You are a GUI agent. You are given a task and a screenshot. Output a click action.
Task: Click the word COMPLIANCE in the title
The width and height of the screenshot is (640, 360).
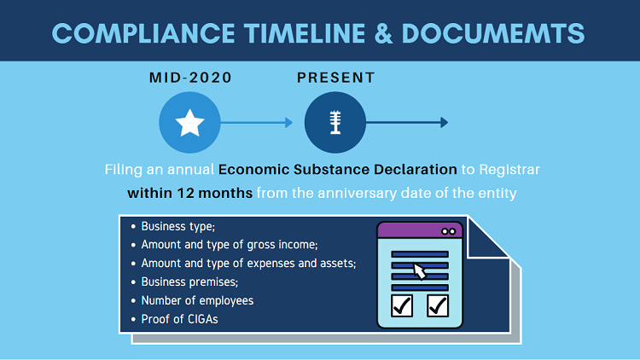[143, 33]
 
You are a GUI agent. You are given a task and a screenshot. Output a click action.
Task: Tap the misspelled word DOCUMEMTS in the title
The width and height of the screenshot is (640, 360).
[493, 33]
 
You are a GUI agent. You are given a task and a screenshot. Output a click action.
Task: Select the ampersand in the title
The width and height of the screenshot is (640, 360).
[383, 33]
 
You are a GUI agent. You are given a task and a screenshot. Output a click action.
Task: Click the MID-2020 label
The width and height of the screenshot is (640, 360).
[190, 78]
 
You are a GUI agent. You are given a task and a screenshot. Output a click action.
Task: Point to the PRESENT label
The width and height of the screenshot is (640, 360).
[335, 78]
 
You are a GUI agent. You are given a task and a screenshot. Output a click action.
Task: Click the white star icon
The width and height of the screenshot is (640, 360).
[189, 123]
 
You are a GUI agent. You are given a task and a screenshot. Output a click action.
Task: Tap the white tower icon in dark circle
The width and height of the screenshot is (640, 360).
[335, 123]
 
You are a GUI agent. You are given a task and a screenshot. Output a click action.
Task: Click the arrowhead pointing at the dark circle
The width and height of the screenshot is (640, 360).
[288, 123]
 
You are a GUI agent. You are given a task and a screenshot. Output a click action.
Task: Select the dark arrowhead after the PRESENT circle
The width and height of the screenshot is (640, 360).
[444, 123]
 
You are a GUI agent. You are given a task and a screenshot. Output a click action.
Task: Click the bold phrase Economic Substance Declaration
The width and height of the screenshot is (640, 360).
[338, 170]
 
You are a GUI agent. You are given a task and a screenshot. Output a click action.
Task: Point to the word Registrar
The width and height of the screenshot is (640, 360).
[509, 170]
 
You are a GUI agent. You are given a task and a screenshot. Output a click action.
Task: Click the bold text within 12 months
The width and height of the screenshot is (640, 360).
[189, 193]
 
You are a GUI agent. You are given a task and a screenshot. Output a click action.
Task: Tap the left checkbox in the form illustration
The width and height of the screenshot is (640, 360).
[402, 305]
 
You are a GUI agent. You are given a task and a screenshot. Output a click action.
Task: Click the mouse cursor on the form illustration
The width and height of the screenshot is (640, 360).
[419, 271]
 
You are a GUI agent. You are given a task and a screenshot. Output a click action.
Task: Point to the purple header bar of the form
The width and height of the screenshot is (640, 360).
[420, 231]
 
